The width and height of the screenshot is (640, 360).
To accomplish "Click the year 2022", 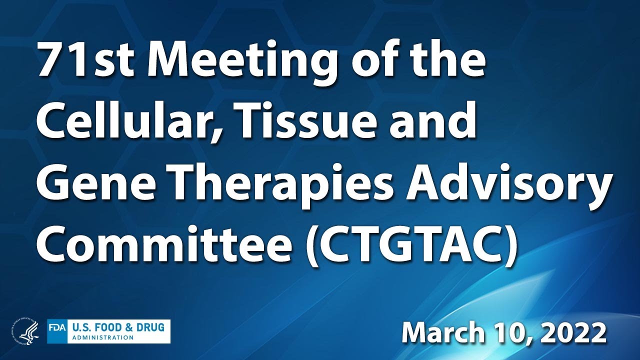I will (574, 332).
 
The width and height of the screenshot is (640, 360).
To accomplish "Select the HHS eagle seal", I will (24, 331).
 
